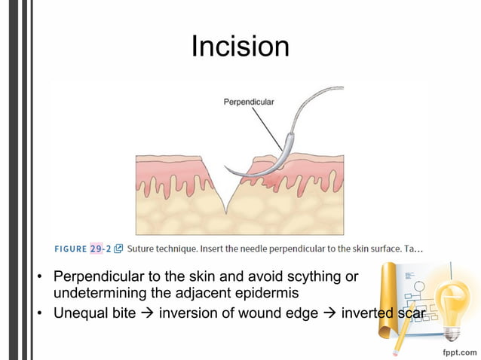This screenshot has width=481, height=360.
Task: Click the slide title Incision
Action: pyautogui.click(x=240, y=47)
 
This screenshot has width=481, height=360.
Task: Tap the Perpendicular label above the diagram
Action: pyautogui.click(x=248, y=101)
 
